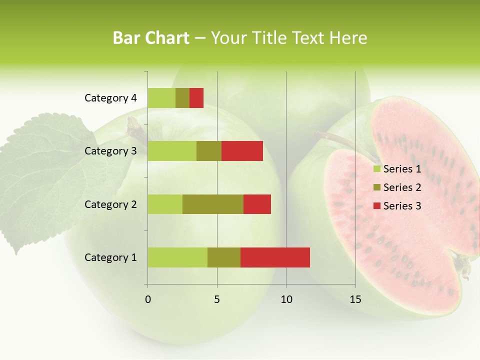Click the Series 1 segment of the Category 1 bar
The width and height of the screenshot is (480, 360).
pos(177,257)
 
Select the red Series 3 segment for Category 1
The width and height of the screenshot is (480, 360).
pos(275,257)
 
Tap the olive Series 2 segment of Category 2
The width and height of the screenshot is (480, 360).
pos(213,204)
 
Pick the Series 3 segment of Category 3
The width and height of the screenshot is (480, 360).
pos(242,151)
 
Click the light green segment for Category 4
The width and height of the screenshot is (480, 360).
pos(161,98)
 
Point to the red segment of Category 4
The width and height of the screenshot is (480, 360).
pos(196,98)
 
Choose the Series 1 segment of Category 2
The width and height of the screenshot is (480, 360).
pos(165,204)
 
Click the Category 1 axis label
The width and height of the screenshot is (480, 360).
pos(110,257)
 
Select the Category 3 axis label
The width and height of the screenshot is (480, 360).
pos(110,151)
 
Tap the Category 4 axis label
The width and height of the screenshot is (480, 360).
pos(110,98)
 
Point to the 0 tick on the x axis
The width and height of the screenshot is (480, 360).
pos(148,299)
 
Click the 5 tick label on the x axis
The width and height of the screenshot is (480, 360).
pos(217,299)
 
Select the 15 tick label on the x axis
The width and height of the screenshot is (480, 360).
pos(355,299)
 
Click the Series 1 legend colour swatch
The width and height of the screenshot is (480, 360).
pos(376,169)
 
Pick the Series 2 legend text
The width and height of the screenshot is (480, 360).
pos(402,187)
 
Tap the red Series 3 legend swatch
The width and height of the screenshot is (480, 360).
pos(376,206)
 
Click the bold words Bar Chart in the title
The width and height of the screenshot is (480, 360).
pos(151,38)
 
